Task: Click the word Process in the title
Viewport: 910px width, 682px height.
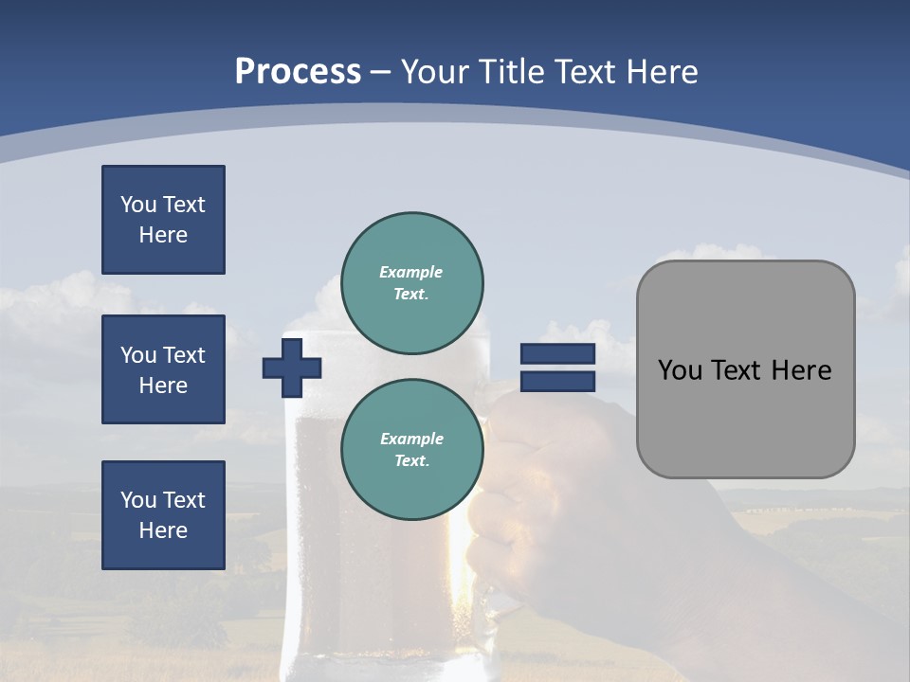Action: point(298,72)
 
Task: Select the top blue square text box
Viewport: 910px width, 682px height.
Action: point(163,220)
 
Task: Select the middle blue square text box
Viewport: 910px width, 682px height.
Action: point(163,369)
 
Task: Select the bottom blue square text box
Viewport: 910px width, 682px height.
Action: point(163,515)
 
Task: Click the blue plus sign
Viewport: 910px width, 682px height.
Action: point(292,368)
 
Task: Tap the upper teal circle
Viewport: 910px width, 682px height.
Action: point(412,283)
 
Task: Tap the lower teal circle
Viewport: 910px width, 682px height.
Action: point(412,450)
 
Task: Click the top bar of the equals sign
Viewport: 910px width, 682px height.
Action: point(557,354)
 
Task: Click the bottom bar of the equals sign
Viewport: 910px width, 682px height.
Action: point(557,382)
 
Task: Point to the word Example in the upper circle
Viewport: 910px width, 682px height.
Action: point(411,272)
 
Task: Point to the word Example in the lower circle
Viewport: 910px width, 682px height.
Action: point(411,439)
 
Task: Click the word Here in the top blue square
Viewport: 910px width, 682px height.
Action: point(163,235)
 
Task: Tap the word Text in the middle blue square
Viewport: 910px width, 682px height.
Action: point(184,355)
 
